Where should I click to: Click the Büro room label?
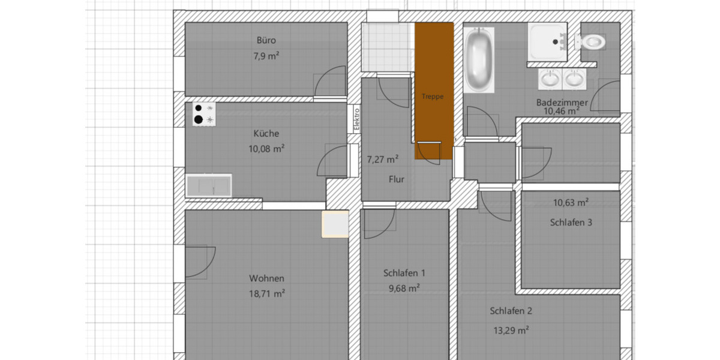click(266, 41)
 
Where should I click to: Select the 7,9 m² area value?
click(266, 56)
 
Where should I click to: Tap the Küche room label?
click(266, 134)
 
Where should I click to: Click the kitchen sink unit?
click(208, 185)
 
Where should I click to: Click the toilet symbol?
click(590, 41)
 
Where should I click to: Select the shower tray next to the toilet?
click(547, 41)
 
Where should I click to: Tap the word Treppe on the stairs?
click(432, 96)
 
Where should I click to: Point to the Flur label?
click(396, 179)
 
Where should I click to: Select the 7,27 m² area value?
click(383, 160)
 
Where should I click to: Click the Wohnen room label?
click(266, 278)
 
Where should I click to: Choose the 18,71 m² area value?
click(266, 293)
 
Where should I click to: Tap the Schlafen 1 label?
click(404, 273)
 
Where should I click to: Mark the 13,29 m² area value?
click(510, 330)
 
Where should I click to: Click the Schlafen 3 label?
click(571, 222)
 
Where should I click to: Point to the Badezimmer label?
click(562, 103)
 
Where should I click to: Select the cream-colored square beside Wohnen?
click(335, 224)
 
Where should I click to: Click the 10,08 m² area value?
click(266, 149)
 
